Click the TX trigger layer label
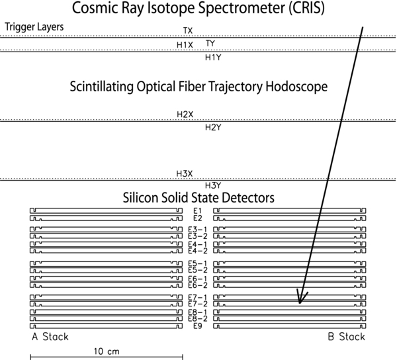[188, 31]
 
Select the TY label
[210, 43]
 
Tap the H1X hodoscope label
[185, 45]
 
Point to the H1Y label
[213, 58]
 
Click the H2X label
[185, 114]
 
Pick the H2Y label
[213, 127]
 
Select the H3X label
[185, 173]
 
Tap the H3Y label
[213, 185]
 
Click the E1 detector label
[197, 211]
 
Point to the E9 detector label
[197, 326]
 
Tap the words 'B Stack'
[346, 337]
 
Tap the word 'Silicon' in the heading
[142, 197]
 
